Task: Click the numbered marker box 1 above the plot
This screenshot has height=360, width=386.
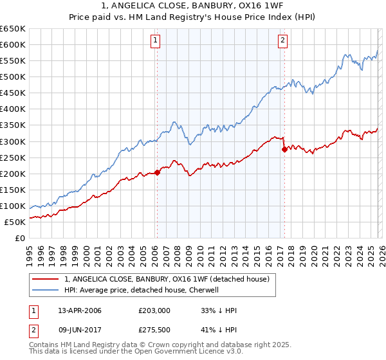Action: pyautogui.click(x=156, y=40)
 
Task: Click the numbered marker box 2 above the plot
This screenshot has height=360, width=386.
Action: pyautogui.click(x=283, y=40)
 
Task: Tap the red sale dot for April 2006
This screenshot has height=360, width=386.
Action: pyautogui.click(x=157, y=172)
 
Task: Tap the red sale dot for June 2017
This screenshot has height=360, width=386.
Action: pyautogui.click(x=284, y=149)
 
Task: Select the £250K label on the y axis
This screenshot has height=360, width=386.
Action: pyautogui.click(x=13, y=157)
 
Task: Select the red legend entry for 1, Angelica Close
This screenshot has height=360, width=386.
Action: pyautogui.click(x=170, y=278)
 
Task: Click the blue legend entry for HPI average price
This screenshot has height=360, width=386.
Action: pyautogui.click(x=142, y=290)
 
